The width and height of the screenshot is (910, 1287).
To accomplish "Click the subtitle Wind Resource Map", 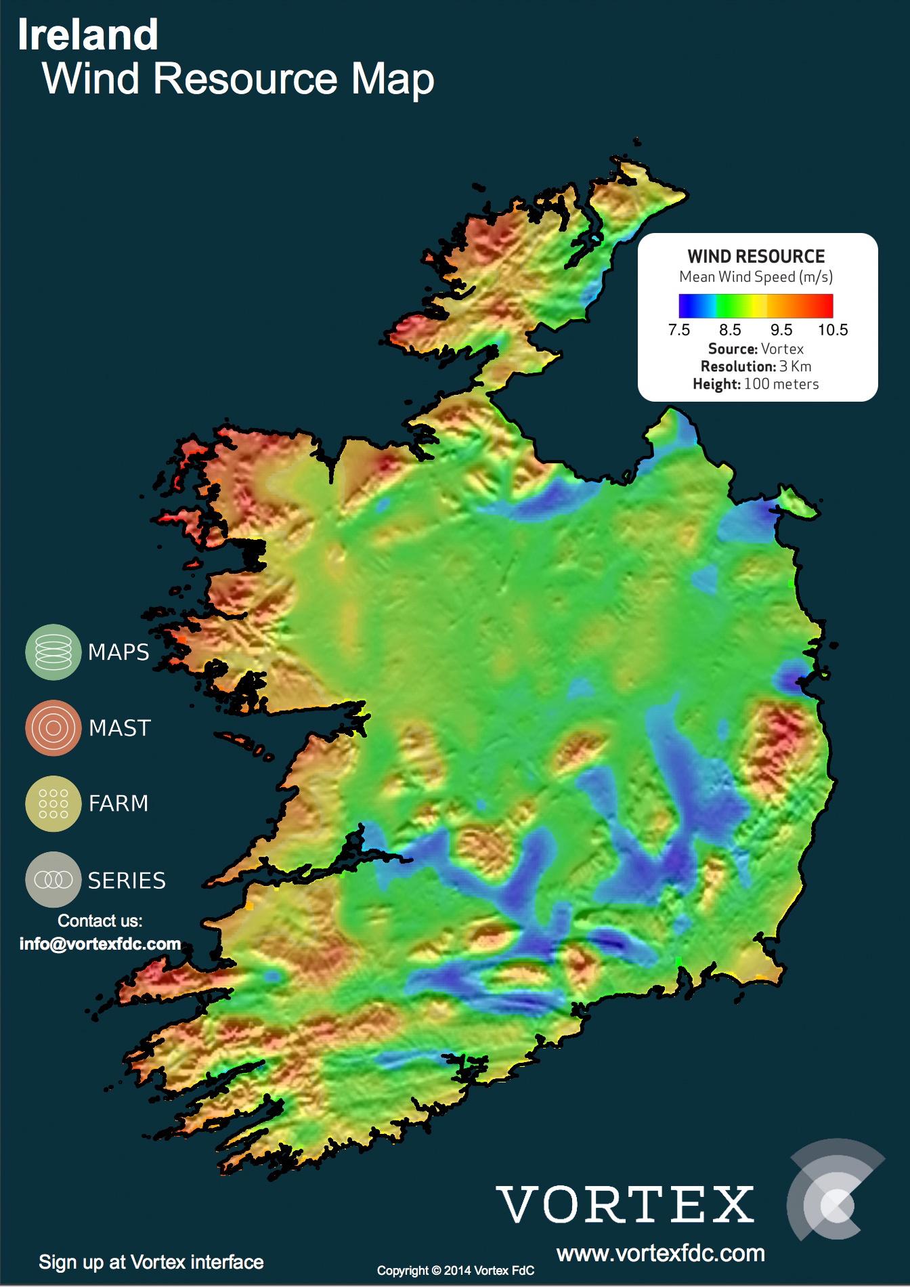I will (x=238, y=79).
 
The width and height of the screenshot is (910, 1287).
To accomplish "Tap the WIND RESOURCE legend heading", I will (x=756, y=257).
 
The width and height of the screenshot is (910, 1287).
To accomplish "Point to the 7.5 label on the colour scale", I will (x=678, y=330).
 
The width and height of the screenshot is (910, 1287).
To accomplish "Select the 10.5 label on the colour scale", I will (x=833, y=330).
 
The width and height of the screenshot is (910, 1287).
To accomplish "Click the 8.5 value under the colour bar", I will (x=730, y=330).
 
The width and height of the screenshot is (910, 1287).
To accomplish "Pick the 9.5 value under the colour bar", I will (x=781, y=330).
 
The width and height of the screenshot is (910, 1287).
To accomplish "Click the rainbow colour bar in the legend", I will (x=756, y=305).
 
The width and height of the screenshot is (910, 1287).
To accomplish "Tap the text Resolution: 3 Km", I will (x=756, y=366).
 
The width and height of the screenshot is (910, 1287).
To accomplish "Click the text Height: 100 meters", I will (x=756, y=384).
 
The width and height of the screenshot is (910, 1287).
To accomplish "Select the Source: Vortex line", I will (x=756, y=349).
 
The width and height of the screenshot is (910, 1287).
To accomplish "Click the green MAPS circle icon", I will (x=53, y=652).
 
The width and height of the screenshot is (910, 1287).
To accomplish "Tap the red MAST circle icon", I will (x=53, y=728).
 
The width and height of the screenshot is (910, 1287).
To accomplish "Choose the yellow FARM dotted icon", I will (x=53, y=803).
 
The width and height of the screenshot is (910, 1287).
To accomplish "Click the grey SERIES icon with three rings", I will (x=53, y=879).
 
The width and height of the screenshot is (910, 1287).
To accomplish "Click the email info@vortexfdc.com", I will (x=100, y=944).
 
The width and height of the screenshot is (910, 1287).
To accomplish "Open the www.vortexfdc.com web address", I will (x=661, y=1253).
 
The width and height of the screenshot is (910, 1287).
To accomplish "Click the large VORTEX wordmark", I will (x=626, y=1204).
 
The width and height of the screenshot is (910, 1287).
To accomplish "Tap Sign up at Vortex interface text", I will (x=151, y=1262).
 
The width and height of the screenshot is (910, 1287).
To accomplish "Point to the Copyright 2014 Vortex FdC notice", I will (x=456, y=1271).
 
